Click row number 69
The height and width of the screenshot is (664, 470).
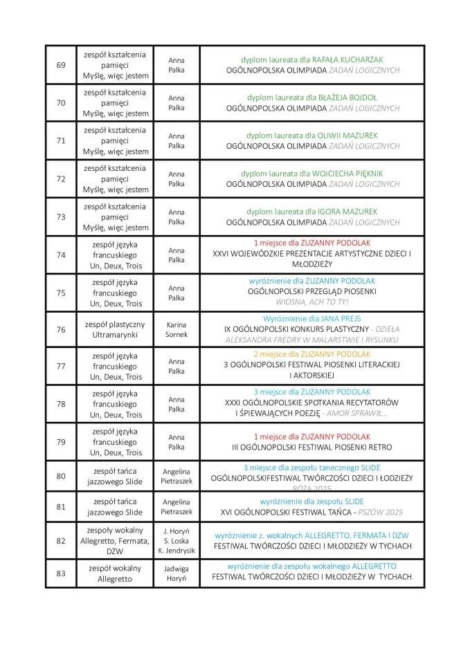(x=61, y=65)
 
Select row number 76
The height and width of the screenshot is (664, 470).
(x=61, y=329)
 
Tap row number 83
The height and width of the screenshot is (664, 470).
(x=61, y=573)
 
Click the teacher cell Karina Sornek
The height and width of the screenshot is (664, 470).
(x=177, y=329)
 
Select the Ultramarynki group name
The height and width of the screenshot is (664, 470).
(x=115, y=335)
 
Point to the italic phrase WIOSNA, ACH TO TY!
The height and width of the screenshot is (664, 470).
(x=313, y=302)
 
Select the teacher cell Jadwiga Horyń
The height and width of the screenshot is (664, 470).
(x=177, y=573)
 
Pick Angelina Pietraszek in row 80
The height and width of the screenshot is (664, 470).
(x=177, y=475)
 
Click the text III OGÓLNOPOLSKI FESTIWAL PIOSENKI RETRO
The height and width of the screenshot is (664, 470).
(x=312, y=448)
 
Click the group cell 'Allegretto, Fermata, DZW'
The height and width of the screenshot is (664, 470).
(x=115, y=541)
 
